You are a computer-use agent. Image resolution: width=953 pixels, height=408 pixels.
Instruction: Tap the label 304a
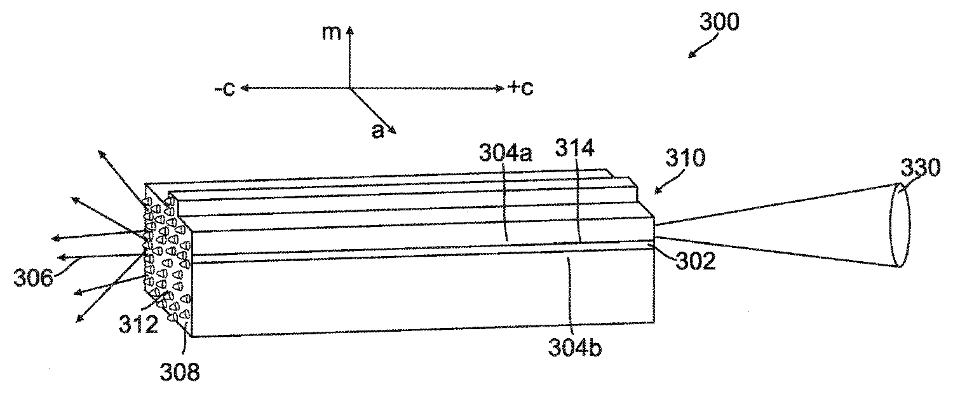tap(506, 153)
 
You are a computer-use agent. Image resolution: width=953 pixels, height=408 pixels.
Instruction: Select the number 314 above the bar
tap(574, 148)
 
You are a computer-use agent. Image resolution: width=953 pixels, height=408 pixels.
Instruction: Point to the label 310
tap(686, 158)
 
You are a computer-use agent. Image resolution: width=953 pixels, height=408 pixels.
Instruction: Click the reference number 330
tap(920, 167)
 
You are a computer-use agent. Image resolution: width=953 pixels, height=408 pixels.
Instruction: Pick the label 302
tap(696, 261)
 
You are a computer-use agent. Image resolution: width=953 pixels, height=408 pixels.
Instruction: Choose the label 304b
tap(575, 348)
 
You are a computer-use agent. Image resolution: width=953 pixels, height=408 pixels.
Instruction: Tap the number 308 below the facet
tap(180, 372)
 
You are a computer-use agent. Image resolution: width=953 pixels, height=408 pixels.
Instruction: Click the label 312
tap(139, 325)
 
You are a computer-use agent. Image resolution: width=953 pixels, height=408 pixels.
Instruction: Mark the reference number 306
tap(33, 278)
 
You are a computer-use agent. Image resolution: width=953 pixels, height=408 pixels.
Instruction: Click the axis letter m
tap(332, 33)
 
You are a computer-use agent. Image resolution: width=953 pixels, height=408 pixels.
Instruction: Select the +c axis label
tap(520, 88)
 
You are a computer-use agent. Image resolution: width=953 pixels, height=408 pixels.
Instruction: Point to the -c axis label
tap(225, 88)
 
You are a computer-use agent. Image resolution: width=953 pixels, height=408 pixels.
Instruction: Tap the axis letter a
tap(377, 131)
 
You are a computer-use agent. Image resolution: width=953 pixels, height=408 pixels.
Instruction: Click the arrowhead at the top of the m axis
tap(349, 31)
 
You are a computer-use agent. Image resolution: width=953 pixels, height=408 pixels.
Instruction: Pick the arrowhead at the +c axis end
tap(501, 88)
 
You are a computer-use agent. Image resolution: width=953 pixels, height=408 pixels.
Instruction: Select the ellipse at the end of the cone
tap(900, 224)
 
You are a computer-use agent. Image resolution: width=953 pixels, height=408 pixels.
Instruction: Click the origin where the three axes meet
tap(349, 88)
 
